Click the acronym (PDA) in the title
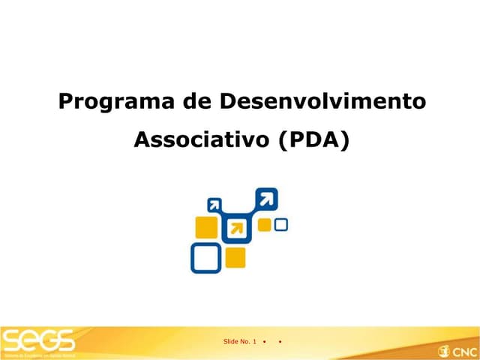coord(313,140)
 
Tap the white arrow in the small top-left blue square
coord(215,204)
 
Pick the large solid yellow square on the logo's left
coord(205,227)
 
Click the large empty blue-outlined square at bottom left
coord(205,258)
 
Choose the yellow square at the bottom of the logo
coord(235,257)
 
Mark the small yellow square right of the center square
coord(265,225)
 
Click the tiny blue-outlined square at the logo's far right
coord(282,224)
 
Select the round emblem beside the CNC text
coord(443,350)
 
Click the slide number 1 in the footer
coord(255,342)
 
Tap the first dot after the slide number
coord(265,342)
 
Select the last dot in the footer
coord(279,342)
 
